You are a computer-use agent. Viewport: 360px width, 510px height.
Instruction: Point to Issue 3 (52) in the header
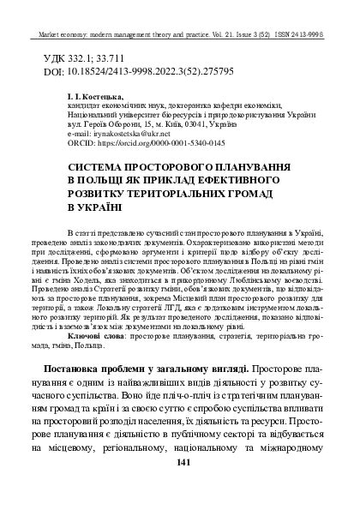coord(266,35)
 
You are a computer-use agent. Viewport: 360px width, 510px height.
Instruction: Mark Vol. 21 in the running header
coord(230,35)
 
